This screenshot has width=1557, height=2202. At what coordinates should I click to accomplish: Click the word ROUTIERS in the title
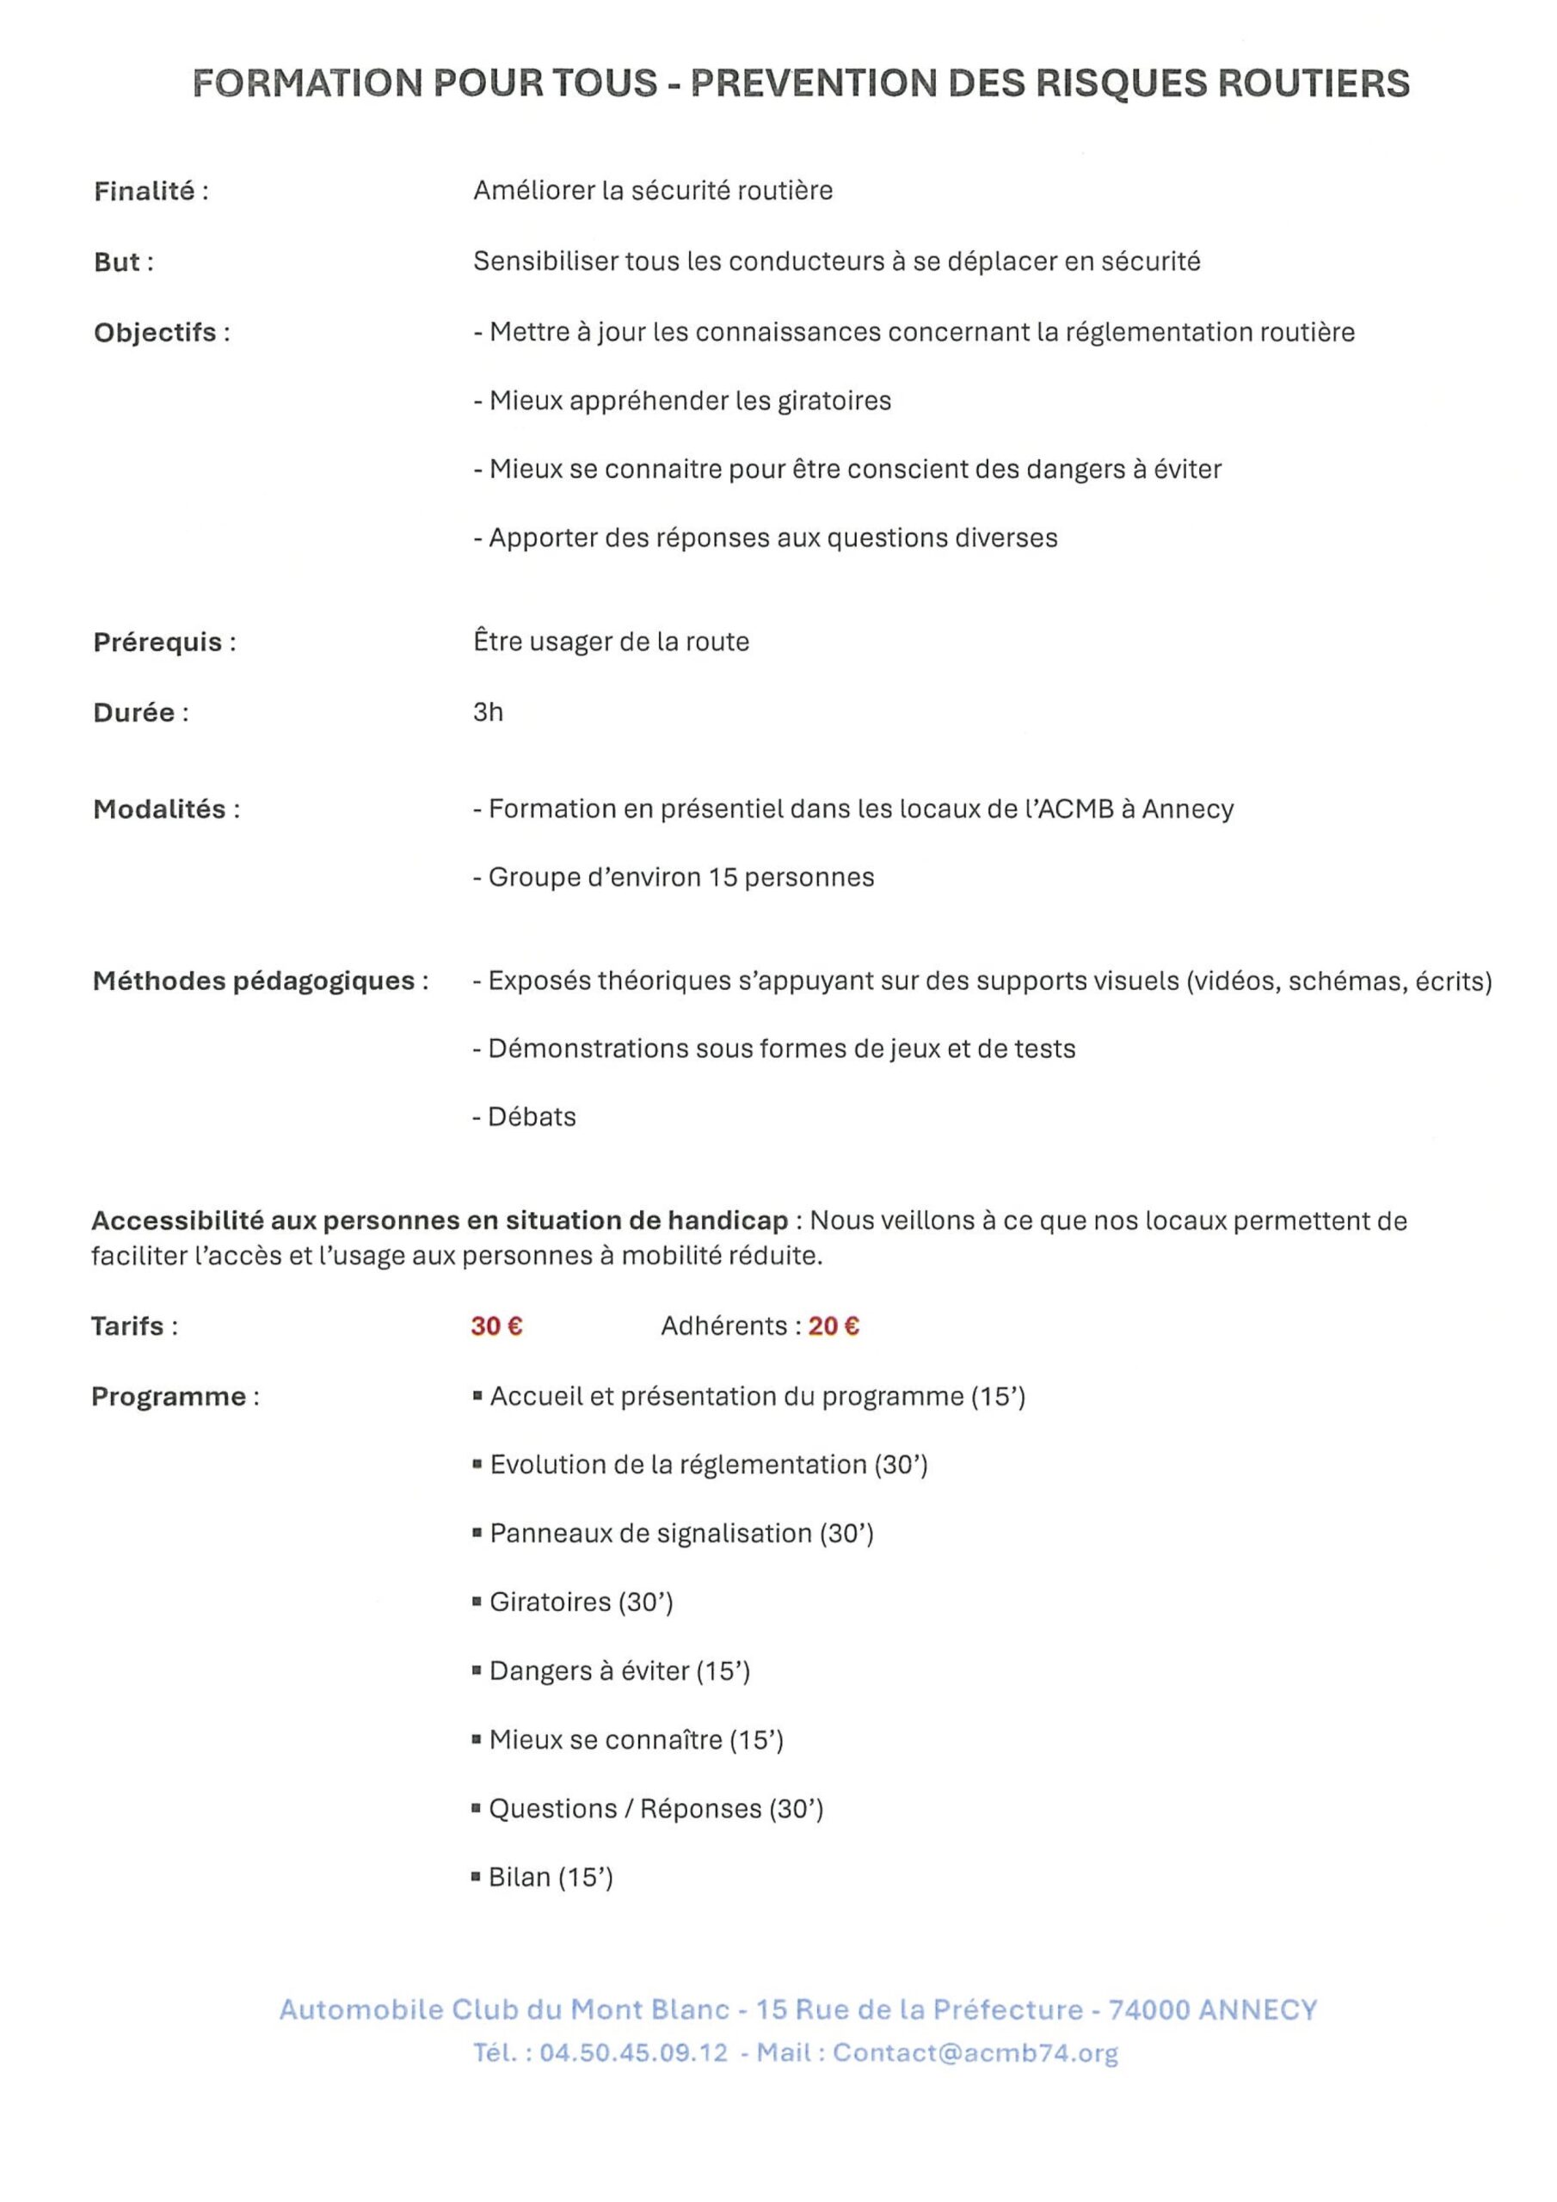1314,83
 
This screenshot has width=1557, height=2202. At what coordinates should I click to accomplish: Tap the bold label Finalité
144,192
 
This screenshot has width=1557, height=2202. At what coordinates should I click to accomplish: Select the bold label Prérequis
157,642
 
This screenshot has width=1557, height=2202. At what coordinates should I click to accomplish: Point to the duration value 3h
488,711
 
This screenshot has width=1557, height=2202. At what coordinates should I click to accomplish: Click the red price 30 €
496,1326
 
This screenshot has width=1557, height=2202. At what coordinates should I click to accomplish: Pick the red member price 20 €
834,1326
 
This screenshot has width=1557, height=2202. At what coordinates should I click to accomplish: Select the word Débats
532,1116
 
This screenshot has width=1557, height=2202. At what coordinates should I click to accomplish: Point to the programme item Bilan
519,1876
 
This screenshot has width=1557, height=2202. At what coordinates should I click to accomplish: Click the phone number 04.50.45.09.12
633,2052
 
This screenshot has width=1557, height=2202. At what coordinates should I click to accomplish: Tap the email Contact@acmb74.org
975,2052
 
